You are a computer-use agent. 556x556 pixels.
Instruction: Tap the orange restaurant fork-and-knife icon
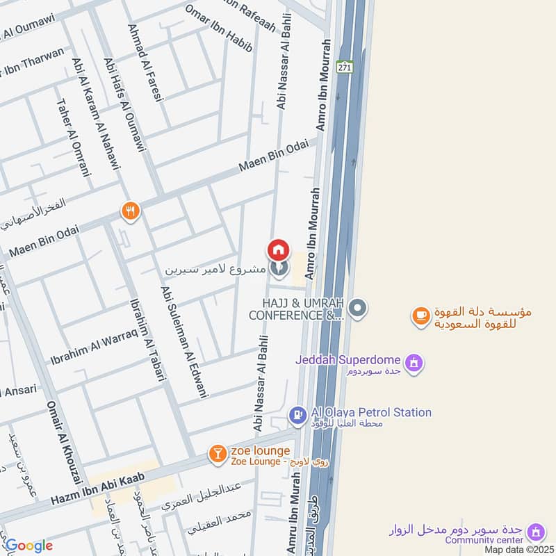[x=130, y=211]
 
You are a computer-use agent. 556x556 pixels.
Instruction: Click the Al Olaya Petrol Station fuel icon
[x=297, y=416]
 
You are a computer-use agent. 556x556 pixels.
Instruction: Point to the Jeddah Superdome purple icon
[x=414, y=363]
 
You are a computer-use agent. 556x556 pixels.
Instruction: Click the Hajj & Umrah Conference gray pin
[x=357, y=307]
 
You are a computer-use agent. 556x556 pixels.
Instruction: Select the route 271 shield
[x=344, y=67]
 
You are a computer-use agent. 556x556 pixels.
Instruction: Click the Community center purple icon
[x=535, y=532]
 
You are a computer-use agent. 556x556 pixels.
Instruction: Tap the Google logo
[x=28, y=546]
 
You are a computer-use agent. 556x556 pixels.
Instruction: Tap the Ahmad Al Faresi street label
[x=145, y=63]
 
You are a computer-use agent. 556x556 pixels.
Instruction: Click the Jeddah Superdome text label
[x=347, y=359]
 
